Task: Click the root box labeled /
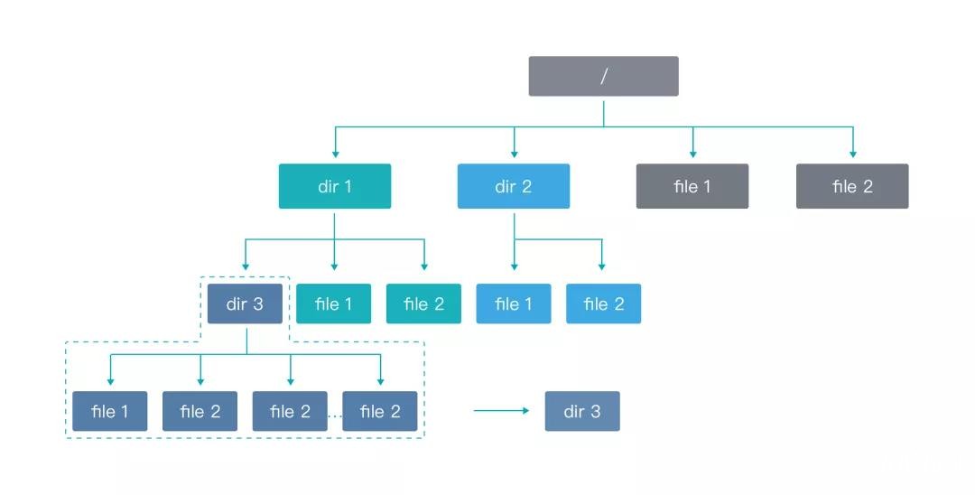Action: [603, 76]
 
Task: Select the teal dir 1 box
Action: [334, 186]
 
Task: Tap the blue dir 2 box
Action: [513, 186]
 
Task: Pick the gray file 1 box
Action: [692, 186]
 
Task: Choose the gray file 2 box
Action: [851, 186]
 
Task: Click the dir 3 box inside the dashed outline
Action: [245, 304]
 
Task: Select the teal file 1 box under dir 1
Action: [333, 304]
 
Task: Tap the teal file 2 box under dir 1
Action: [423, 304]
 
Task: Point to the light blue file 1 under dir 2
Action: [513, 304]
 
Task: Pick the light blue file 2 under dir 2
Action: [603, 304]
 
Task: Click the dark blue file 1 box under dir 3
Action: [109, 411]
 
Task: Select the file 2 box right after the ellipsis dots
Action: [380, 411]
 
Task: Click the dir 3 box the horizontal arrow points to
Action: [582, 411]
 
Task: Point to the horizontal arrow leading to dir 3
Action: [501, 411]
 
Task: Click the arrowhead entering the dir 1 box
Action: [335, 154]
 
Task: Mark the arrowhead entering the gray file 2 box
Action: [852, 154]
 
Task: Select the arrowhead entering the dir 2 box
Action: [514, 154]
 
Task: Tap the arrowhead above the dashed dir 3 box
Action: [246, 267]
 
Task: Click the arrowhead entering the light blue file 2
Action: [603, 267]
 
